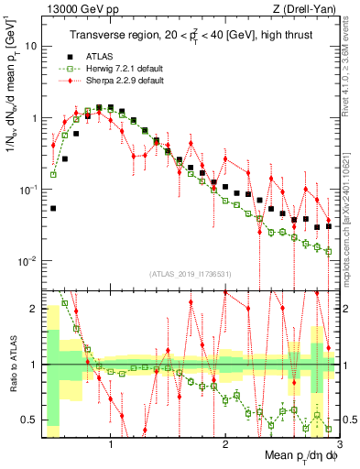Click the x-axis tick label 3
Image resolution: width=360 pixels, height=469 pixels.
pyautogui.click(x=338, y=445)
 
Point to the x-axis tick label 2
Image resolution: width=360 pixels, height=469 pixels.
pyautogui.click(x=224, y=445)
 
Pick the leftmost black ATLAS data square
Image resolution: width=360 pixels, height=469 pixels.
pyautogui.click(x=53, y=208)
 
